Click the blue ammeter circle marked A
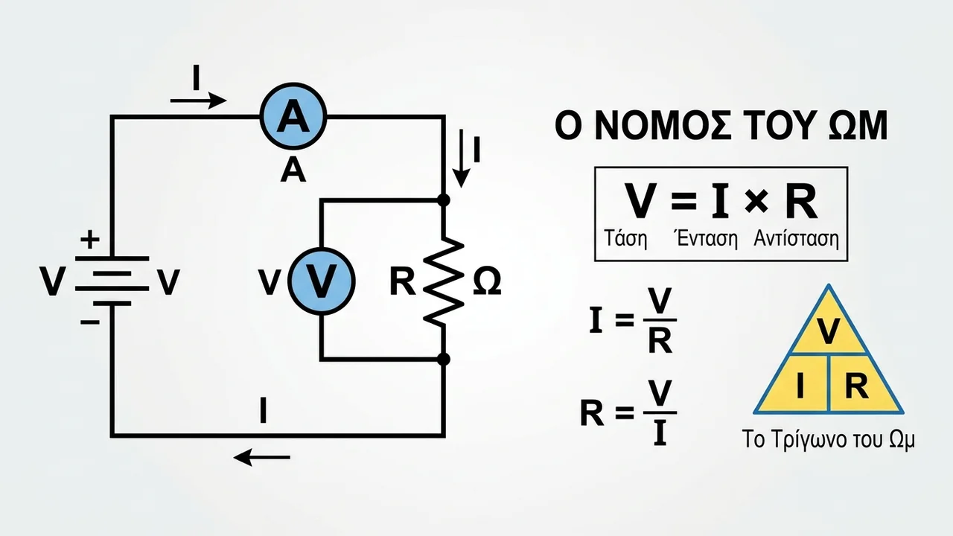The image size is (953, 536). [293, 116]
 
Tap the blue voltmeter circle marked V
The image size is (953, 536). [322, 281]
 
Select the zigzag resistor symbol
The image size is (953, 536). [444, 282]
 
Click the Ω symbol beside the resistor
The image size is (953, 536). [487, 281]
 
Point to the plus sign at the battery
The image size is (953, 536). [90, 240]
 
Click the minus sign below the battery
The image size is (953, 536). [90, 322]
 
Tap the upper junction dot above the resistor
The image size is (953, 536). [444, 200]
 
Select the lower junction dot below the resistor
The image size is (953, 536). [444, 360]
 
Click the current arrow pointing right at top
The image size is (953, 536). [198, 100]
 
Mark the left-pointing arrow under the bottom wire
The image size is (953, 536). [262, 457]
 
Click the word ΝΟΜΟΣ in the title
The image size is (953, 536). [663, 126]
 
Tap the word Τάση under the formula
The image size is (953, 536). [626, 239]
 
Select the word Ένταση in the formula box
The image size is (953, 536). [706, 239]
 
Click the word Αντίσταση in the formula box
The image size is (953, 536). [797, 239]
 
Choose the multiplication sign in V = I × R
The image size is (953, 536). [757, 201]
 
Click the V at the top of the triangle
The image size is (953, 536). [829, 331]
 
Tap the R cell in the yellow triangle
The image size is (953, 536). [857, 386]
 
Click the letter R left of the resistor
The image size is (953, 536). [403, 281]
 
